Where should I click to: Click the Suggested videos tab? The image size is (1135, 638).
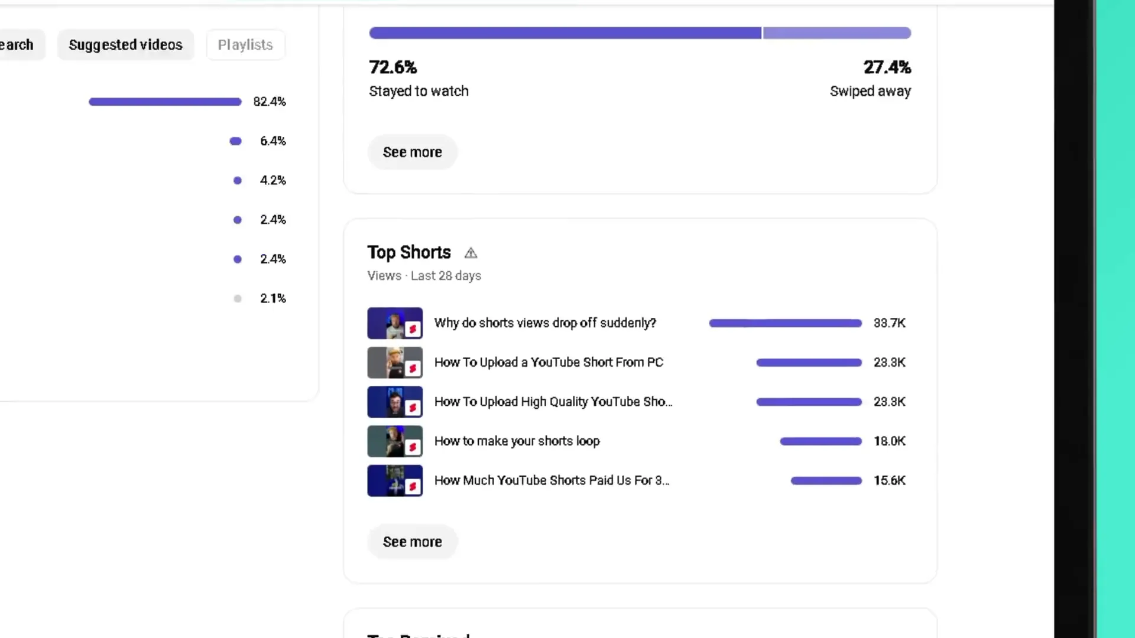point(125,45)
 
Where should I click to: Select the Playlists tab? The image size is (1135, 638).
point(245,45)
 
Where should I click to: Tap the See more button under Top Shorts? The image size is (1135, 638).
point(412,542)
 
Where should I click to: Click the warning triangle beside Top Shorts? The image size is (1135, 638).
point(471,253)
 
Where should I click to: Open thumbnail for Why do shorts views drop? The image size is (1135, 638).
point(395,323)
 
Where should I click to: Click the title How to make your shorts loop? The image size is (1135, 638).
point(517,441)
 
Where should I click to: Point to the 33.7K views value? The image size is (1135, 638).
point(889,323)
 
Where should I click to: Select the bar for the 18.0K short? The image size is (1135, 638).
point(821,441)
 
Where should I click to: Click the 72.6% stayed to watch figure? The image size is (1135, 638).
point(393,67)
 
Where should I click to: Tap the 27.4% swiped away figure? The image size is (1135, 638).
point(887,67)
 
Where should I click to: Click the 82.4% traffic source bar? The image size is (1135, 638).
point(165,102)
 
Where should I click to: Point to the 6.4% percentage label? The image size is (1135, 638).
point(273,141)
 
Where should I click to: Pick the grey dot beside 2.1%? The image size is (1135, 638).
point(238,299)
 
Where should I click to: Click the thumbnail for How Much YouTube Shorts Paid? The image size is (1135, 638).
point(395,481)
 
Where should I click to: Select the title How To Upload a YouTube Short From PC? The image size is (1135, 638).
point(549,363)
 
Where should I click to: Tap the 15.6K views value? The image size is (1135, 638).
point(889,481)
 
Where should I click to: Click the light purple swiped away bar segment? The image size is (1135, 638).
point(836,33)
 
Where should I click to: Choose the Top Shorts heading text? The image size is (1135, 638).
point(409,253)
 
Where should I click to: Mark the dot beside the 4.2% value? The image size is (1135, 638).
point(238,181)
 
